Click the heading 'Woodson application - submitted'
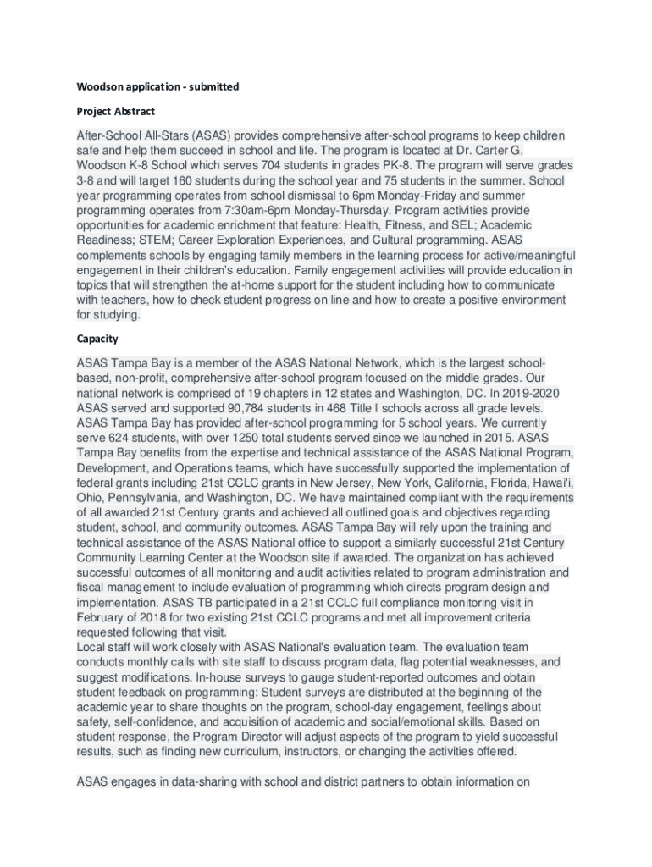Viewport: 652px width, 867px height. [x=157, y=86]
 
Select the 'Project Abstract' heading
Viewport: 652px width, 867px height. [x=116, y=111]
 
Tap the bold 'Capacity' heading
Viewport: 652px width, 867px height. [x=97, y=339]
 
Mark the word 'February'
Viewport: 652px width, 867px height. [x=101, y=618]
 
